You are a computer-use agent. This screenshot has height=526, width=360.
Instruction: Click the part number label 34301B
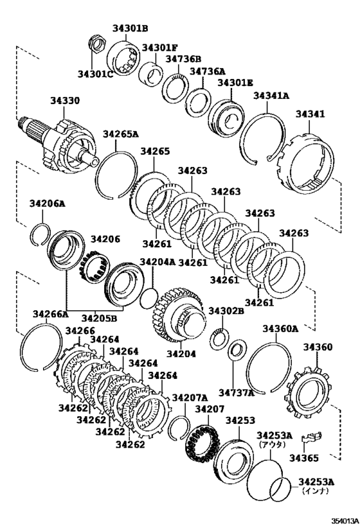pos(130,28)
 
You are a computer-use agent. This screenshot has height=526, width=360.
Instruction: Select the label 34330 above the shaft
pos(65,100)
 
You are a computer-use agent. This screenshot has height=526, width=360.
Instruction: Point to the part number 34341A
pos(271,96)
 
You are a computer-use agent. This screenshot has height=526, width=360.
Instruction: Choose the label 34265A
pos(121,134)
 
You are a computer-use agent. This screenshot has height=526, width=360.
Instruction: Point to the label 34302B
pos(226,311)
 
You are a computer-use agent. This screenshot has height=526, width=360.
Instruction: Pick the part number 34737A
pos(237,392)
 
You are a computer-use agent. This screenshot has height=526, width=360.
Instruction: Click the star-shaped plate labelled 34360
pos(308,392)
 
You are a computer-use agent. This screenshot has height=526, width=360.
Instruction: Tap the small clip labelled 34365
pos(312,437)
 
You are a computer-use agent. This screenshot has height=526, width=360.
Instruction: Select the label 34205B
pos(99,317)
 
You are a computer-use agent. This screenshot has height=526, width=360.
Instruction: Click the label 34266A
pos(51,314)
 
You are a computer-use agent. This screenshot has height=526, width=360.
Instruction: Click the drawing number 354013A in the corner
pos(345,520)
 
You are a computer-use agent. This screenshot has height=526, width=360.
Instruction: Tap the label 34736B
pos(183,59)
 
